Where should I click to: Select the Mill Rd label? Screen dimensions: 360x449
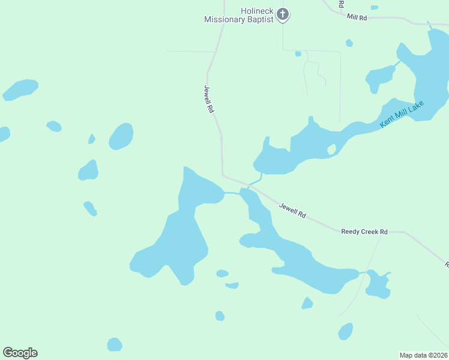357,17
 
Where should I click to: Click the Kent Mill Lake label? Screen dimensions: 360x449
402,115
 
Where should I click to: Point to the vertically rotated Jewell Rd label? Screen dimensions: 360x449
208,99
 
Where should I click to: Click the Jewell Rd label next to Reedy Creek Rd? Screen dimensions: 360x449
293,210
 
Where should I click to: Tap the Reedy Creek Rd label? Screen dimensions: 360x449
364,232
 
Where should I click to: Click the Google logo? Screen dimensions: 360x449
20,353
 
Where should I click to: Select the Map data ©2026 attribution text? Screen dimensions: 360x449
424,355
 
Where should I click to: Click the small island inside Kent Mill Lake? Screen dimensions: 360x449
331,149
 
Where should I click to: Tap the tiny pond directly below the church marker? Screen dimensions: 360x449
298,53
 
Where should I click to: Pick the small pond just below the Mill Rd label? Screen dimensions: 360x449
349,43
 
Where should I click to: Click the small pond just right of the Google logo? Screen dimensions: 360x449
114,344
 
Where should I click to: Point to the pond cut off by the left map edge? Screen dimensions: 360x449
3,134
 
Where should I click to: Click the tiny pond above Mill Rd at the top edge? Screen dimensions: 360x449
375,7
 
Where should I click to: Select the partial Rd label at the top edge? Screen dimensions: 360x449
341,4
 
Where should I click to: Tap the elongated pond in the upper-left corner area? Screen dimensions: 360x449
20,89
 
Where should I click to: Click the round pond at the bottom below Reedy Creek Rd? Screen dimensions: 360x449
345,331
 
